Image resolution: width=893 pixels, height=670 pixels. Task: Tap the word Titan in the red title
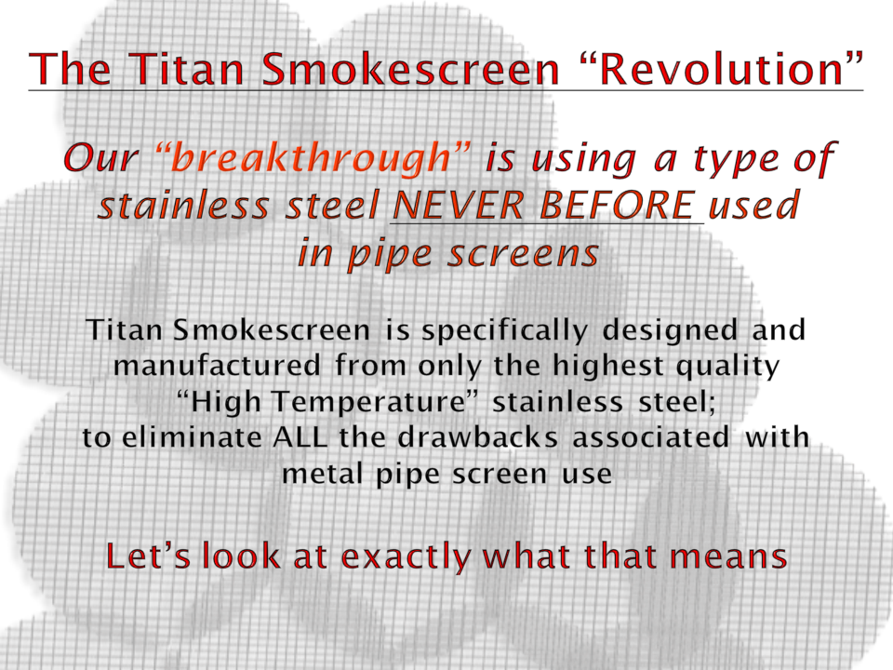(188, 68)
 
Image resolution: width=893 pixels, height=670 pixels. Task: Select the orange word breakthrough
(312, 157)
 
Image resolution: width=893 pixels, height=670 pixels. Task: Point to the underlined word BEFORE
(618, 205)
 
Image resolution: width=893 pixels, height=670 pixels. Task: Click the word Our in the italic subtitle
(102, 157)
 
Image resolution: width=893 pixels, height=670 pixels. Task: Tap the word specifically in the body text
(504, 331)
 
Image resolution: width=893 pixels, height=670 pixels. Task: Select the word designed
(670, 329)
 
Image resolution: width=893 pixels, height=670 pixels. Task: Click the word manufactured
(217, 365)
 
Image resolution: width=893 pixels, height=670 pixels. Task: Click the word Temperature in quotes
(368, 402)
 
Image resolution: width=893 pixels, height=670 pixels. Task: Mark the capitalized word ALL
(300, 437)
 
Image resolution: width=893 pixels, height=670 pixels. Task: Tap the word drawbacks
(478, 437)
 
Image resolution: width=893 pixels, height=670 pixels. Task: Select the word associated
(651, 437)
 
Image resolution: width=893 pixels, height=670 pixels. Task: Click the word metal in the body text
(323, 474)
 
